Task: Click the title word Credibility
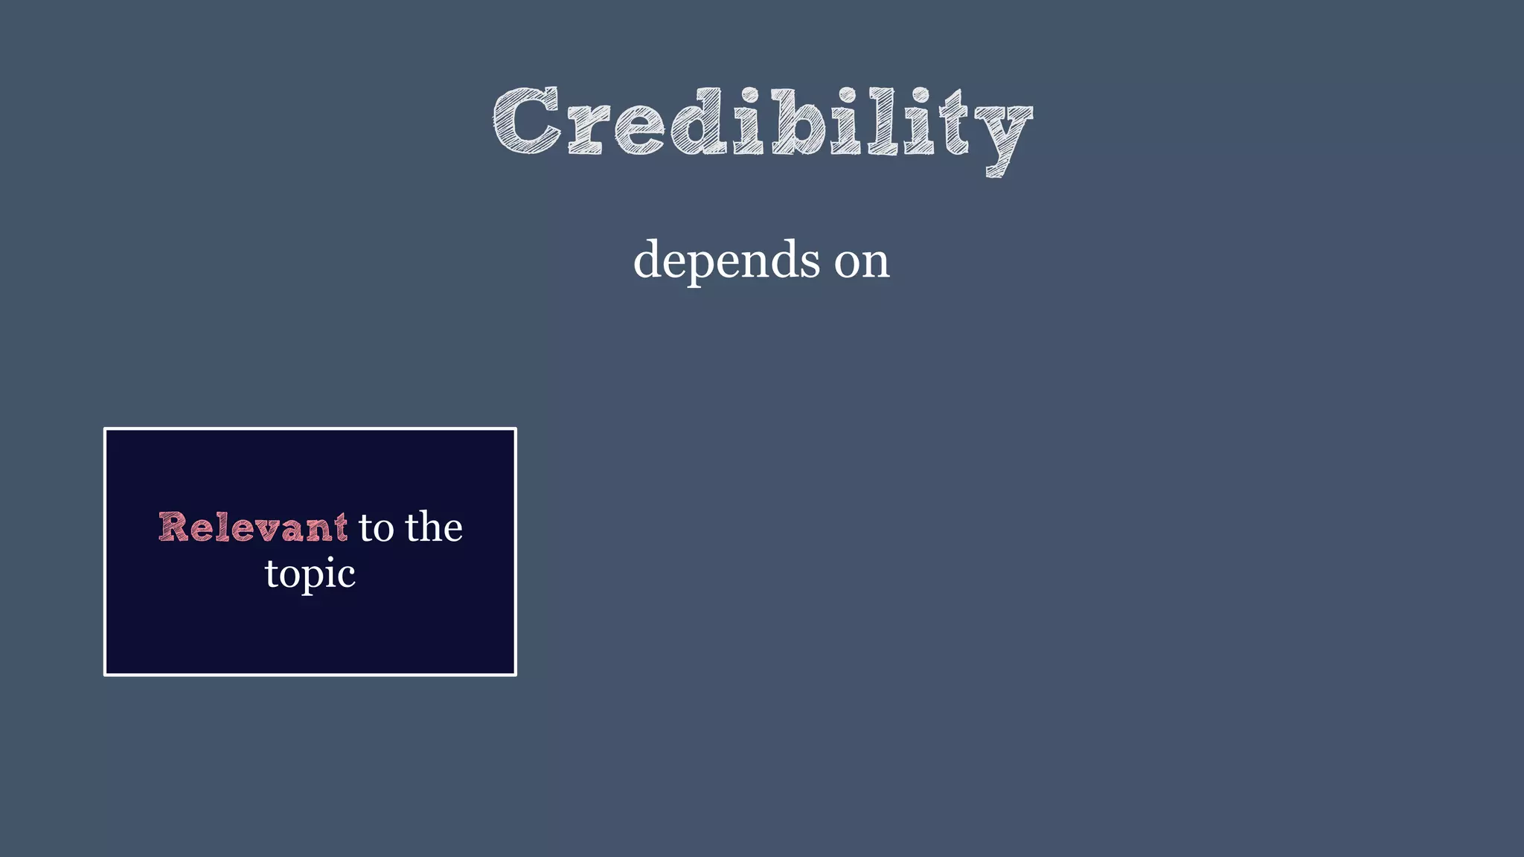tap(762, 123)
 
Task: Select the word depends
tap(726, 260)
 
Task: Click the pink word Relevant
tap(253, 527)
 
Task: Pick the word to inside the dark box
tap(376, 527)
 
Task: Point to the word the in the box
tap(434, 527)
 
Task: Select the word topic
tap(310, 574)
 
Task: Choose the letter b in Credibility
tap(799, 121)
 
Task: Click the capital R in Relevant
tap(173, 527)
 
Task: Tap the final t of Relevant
tap(341, 527)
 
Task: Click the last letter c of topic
tap(346, 575)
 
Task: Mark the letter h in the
tap(432, 526)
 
